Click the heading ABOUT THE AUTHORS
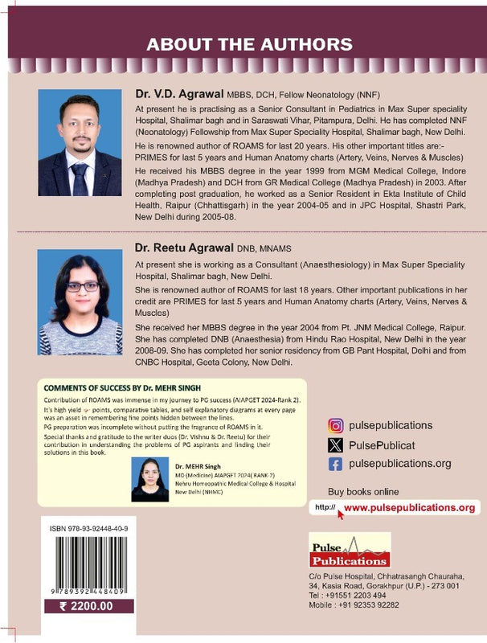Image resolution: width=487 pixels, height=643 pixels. click(x=243, y=43)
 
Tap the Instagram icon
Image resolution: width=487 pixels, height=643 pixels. click(x=336, y=426)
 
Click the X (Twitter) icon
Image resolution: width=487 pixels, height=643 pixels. click(x=336, y=444)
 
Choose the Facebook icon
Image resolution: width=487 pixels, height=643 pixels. click(x=336, y=464)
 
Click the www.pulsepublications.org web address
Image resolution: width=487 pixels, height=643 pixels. click(x=409, y=508)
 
